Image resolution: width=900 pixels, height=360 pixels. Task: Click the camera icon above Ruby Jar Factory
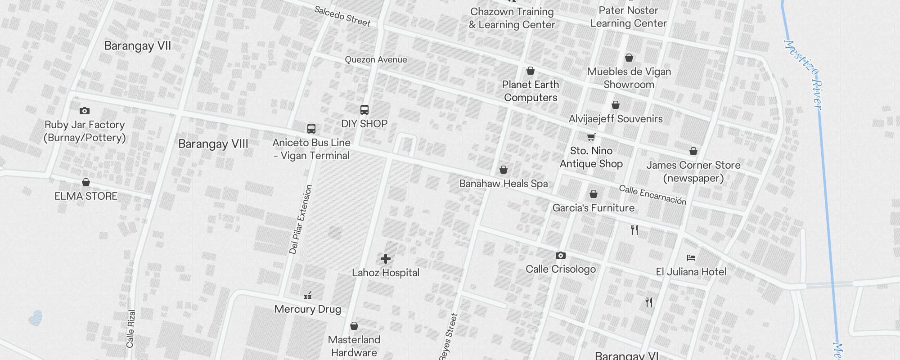click(x=85, y=111)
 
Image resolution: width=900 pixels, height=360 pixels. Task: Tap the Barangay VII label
click(x=138, y=46)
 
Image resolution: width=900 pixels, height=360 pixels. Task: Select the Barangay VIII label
click(x=213, y=144)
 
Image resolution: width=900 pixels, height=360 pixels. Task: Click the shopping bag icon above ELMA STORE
click(x=86, y=182)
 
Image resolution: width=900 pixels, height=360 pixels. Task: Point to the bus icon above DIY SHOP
click(x=364, y=110)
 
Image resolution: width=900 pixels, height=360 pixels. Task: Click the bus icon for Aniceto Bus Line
click(x=311, y=129)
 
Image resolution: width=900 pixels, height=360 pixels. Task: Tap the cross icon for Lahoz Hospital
click(x=386, y=259)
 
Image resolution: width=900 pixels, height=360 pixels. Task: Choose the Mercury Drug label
click(x=308, y=309)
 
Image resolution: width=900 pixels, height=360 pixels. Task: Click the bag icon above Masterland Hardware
click(x=354, y=326)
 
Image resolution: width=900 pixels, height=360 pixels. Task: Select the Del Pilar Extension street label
click(x=301, y=220)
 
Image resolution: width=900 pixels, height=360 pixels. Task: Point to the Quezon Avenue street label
click(x=376, y=60)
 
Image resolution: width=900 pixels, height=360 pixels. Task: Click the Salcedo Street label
click(x=342, y=16)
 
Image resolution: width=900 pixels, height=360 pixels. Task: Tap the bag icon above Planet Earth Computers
click(x=531, y=71)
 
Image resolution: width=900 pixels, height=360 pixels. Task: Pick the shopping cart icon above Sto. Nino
click(x=591, y=137)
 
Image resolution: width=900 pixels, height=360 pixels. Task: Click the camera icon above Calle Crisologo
click(x=561, y=256)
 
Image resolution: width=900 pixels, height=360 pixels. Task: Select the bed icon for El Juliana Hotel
click(x=691, y=258)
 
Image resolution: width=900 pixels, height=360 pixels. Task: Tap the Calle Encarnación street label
click(x=652, y=195)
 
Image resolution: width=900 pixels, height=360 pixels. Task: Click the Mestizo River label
click(x=803, y=74)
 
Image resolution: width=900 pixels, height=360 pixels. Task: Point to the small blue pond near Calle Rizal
click(x=36, y=318)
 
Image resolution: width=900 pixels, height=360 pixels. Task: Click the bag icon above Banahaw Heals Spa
click(x=504, y=170)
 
